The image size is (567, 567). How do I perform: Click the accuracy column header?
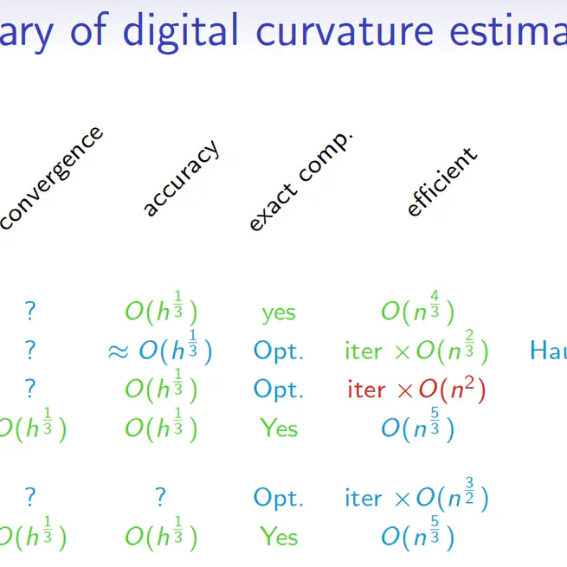tap(181, 177)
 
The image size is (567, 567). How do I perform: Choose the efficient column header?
tap(441, 182)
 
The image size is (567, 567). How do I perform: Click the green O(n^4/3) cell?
tap(417, 311)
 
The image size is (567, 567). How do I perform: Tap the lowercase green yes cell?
tap(279, 312)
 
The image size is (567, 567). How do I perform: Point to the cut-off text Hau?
tap(548, 351)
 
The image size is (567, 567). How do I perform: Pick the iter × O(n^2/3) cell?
tap(416, 350)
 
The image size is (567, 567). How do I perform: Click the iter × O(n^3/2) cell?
tap(416, 498)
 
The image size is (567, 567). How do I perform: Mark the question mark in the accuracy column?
tap(160, 498)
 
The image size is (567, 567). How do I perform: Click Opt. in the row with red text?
tap(279, 390)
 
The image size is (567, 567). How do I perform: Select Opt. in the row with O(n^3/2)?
tap(279, 499)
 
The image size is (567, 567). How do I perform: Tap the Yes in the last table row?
tap(279, 537)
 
